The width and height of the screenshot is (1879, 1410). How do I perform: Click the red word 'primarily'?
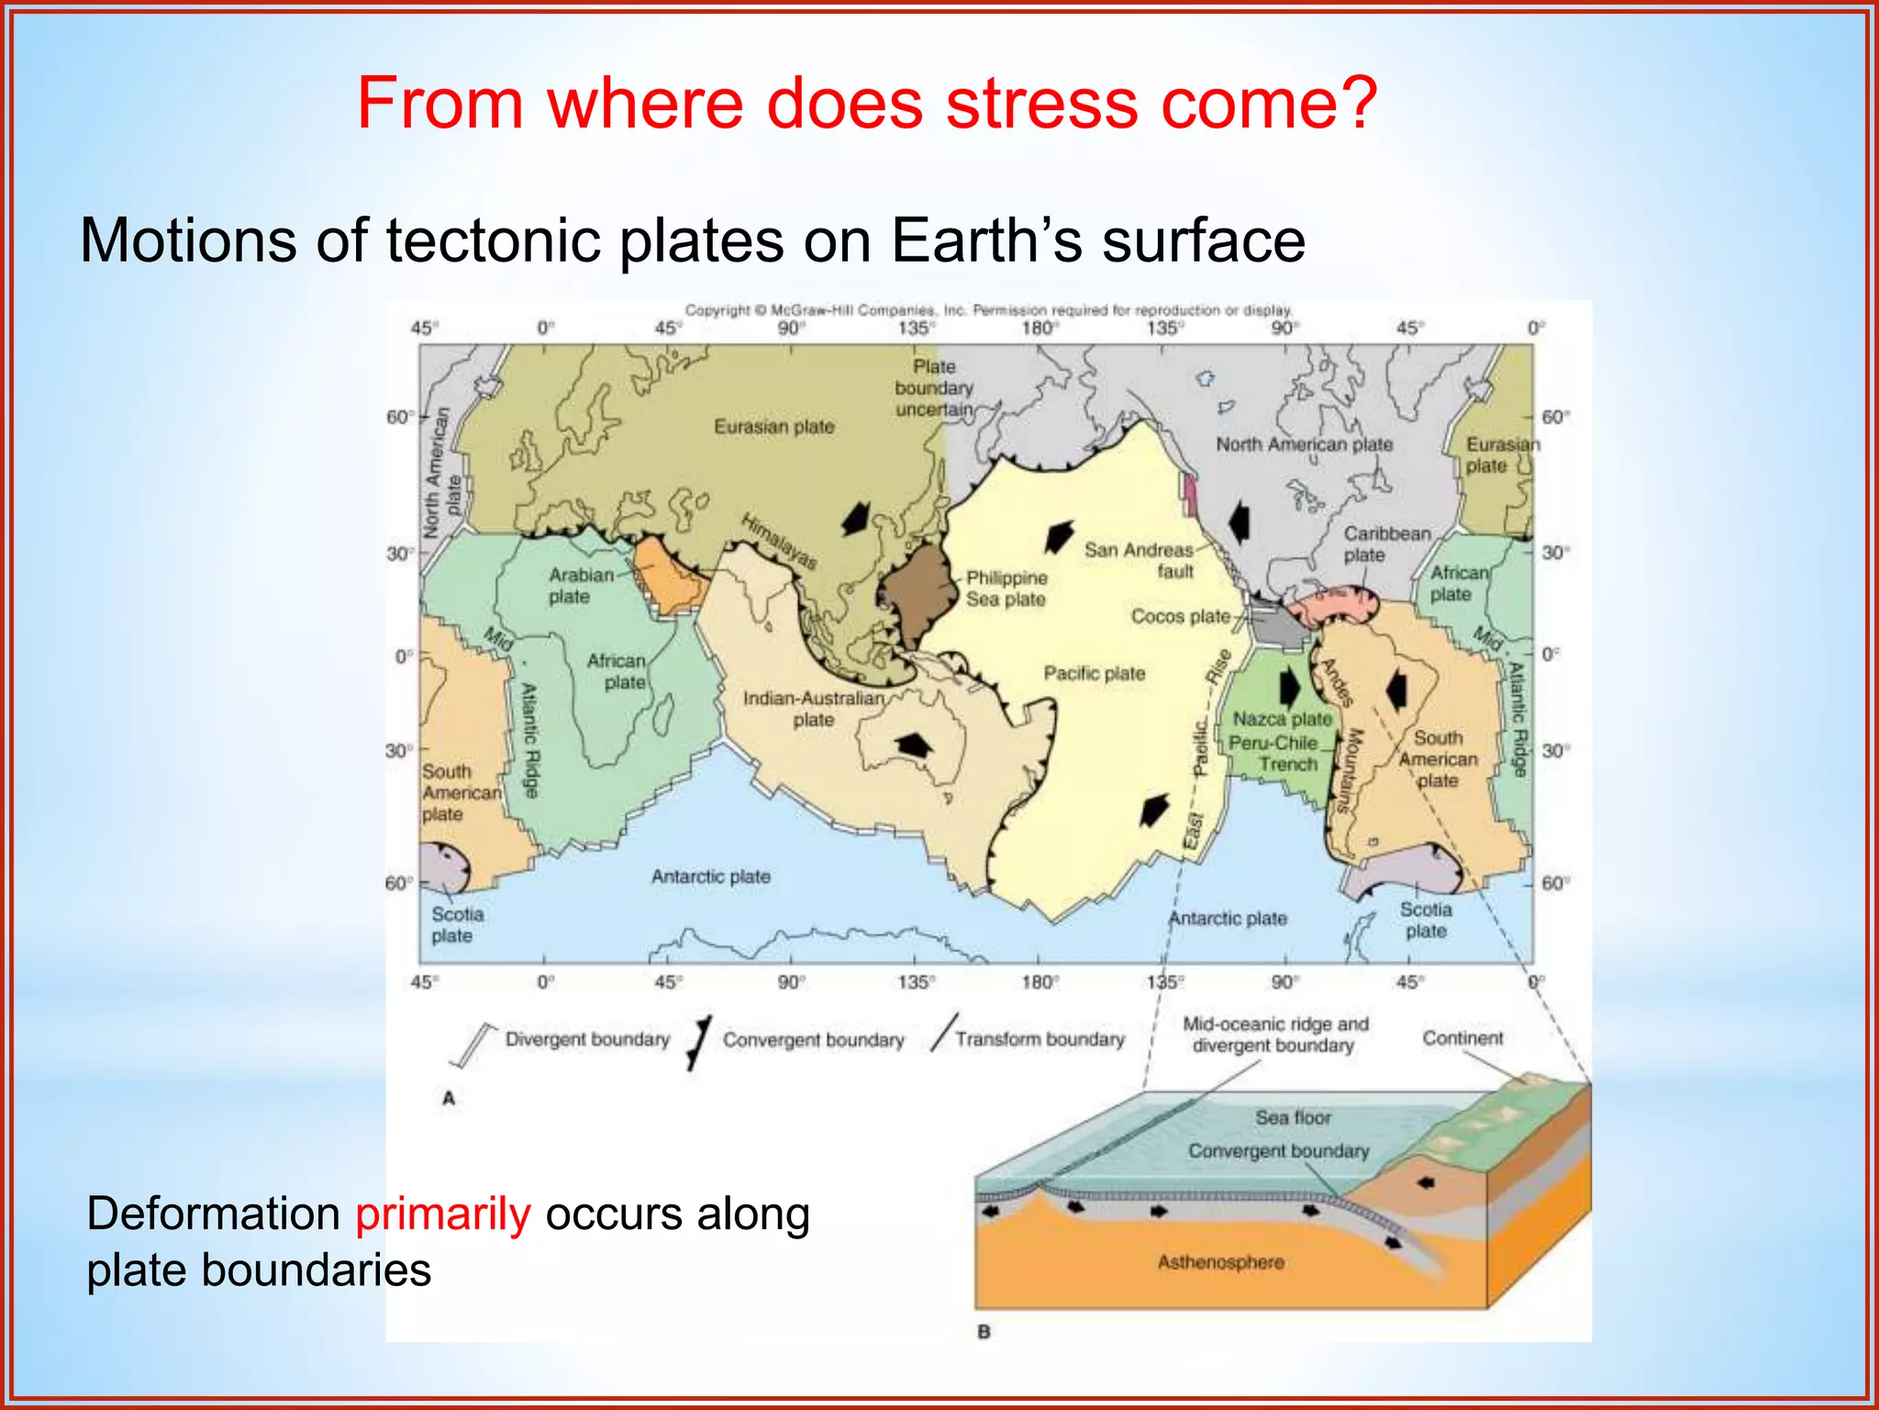442,1214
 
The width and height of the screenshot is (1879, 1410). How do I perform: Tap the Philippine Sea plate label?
1006,588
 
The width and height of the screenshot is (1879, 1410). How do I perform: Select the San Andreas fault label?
1139,560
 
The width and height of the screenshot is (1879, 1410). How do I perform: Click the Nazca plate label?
1281,719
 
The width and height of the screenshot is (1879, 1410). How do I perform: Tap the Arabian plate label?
580,586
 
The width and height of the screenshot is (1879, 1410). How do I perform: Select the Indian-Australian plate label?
814,709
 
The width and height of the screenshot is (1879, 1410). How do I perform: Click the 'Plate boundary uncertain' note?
934,388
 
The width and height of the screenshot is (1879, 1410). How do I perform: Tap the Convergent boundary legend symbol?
700,1043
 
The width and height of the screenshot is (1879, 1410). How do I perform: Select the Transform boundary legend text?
1040,1039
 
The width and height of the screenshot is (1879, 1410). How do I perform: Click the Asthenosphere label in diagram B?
1220,1262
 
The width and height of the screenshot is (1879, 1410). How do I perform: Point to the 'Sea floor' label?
1293,1117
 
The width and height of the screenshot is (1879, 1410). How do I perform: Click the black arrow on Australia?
912,744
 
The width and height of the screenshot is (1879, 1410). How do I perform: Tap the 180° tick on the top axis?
1038,329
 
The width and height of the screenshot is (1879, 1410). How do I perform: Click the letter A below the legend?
449,1098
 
